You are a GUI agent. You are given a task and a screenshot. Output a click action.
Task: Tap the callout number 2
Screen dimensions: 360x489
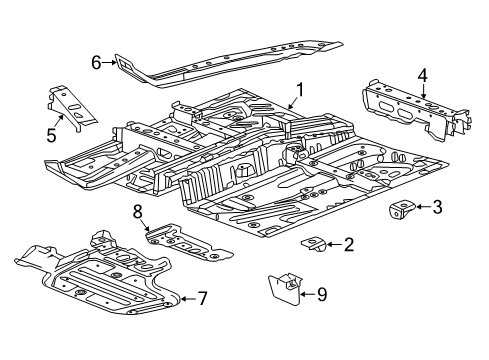347,243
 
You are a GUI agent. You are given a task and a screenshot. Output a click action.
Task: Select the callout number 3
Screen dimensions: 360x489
437,208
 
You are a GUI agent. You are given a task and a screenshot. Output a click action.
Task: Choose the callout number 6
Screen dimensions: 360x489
97,63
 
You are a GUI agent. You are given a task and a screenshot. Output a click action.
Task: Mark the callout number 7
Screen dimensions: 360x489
203,299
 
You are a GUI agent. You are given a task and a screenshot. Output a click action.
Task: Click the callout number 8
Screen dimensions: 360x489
139,209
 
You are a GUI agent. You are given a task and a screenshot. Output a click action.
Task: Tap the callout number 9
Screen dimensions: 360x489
321,294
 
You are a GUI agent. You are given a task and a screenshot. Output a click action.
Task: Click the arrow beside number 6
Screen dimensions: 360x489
111,63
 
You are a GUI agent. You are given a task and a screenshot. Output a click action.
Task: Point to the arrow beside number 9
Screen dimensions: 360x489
304,294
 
